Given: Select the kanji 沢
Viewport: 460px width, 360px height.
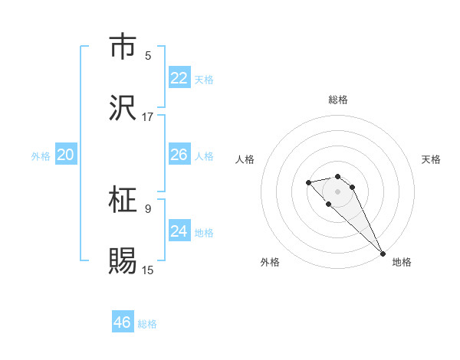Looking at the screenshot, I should (123, 108).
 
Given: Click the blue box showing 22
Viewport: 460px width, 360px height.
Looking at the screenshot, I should (179, 78).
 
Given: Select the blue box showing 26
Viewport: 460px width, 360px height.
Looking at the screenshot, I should (179, 155).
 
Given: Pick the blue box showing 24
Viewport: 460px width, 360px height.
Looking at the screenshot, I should (179, 231).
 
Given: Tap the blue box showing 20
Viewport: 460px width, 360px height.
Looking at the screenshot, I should (65, 155).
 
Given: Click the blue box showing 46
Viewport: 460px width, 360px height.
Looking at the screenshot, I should (123, 322).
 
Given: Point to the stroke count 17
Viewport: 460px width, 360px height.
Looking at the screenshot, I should (148, 117).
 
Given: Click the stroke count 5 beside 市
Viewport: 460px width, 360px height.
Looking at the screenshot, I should (148, 56).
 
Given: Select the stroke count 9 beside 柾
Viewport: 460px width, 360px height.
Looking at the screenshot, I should (148, 208).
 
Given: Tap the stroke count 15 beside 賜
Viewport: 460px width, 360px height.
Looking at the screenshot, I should (148, 270).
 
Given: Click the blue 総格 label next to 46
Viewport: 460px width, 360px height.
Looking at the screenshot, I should (148, 324).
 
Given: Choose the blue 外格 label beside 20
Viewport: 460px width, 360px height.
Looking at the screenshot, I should (41, 156).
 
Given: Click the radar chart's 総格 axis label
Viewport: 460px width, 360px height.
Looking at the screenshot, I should (338, 100).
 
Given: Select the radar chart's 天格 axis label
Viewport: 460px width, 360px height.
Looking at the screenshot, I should (431, 159).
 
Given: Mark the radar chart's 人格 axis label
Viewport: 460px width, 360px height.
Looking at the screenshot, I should (245, 159).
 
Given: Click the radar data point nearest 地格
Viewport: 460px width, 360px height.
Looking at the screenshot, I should (383, 253).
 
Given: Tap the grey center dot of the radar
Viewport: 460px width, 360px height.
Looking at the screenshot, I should (338, 191).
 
